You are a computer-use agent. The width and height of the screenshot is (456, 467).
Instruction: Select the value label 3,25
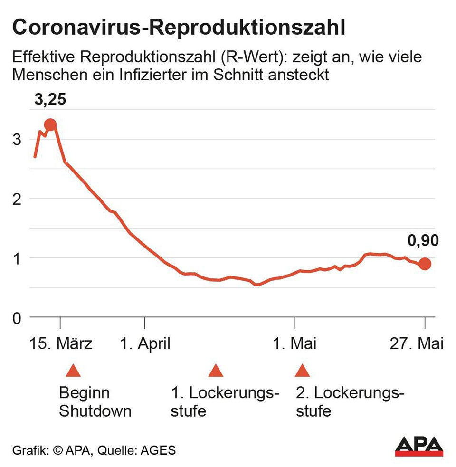click(x=50, y=100)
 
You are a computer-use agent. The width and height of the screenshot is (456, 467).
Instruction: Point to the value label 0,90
click(x=423, y=241)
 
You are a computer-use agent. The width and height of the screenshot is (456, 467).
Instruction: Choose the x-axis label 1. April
click(x=145, y=343)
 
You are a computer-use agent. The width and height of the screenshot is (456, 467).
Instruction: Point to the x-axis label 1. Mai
click(x=294, y=343)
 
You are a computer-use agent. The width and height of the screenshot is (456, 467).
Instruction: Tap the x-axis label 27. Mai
click(x=417, y=343)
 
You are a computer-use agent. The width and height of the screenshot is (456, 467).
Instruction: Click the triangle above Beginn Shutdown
click(x=72, y=371)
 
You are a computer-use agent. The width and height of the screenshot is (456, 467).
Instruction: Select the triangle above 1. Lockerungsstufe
click(x=216, y=371)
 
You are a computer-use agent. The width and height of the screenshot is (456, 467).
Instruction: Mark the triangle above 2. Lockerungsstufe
click(x=301, y=371)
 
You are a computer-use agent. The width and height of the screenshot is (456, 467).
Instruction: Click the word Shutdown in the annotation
click(x=95, y=411)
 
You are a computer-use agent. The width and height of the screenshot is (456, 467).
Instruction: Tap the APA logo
click(x=419, y=446)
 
